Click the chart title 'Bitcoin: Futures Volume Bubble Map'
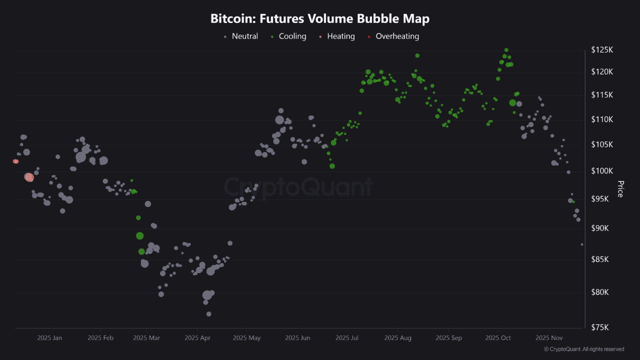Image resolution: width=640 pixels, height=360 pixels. (x=320, y=19)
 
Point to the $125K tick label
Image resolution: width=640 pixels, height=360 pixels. (x=602, y=50)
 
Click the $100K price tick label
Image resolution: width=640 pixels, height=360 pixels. (x=602, y=171)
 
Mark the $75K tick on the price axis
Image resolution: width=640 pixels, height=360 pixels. (x=602, y=327)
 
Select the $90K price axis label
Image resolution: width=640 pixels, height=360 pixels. (x=602, y=228)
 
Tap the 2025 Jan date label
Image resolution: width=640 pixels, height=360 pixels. (x=49, y=338)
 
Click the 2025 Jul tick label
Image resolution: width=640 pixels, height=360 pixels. (x=347, y=338)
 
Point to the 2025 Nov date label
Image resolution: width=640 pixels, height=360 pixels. (x=548, y=338)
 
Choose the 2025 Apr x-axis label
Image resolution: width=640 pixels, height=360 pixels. (x=197, y=338)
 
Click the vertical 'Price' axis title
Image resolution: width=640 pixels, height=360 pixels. (x=620, y=189)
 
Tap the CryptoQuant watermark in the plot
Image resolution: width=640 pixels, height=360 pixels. (x=298, y=187)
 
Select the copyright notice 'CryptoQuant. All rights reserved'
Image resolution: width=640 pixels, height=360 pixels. (x=584, y=349)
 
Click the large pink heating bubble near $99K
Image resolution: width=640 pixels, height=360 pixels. (x=29, y=177)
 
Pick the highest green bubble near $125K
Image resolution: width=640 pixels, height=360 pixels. (x=506, y=50)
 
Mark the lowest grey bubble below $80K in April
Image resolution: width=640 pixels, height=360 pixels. (x=208, y=314)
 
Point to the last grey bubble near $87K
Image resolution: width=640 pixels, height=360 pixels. (x=582, y=244)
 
